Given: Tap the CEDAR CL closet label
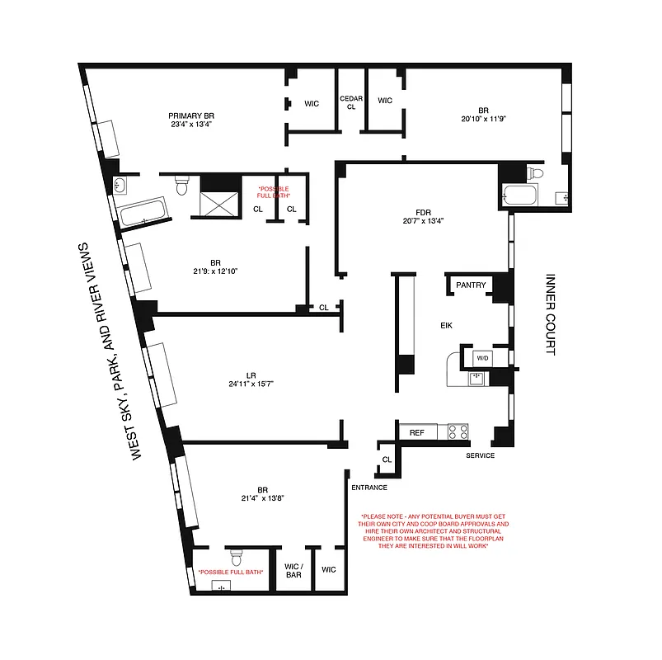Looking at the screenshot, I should point(352,102).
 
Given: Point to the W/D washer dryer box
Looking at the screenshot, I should point(481,359).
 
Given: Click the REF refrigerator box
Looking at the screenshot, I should point(417,431).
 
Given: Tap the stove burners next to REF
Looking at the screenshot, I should point(458,431).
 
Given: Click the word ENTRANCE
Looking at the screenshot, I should point(369,488).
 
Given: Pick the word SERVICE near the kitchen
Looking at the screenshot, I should point(480,455).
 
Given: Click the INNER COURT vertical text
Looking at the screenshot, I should point(551,314).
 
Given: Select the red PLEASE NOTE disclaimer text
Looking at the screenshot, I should point(435,533).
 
